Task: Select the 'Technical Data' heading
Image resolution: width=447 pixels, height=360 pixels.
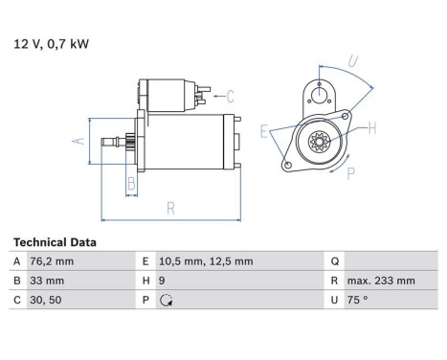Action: point(55,242)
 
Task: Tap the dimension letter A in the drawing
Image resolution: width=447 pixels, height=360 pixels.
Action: point(79,141)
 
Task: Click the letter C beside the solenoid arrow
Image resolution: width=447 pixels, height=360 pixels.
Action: point(230,95)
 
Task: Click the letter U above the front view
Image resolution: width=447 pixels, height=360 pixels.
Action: point(353,62)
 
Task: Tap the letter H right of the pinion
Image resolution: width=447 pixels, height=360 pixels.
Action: point(372,127)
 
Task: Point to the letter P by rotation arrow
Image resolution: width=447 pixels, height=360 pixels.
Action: point(350,172)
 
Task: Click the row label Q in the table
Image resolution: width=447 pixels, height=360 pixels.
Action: point(334,261)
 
